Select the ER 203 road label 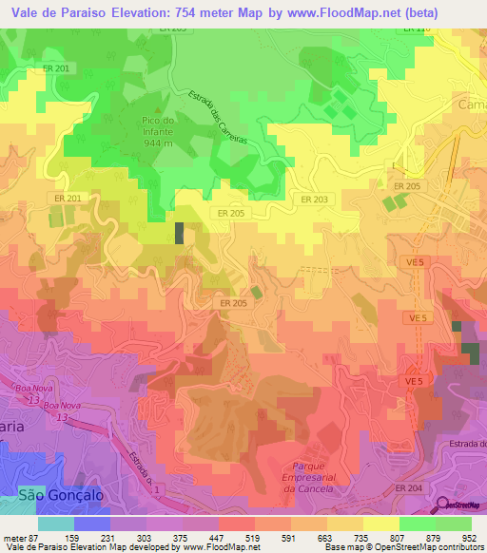315,200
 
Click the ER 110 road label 417,30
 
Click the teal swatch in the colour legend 56,524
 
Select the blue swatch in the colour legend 92,524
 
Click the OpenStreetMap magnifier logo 442,505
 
